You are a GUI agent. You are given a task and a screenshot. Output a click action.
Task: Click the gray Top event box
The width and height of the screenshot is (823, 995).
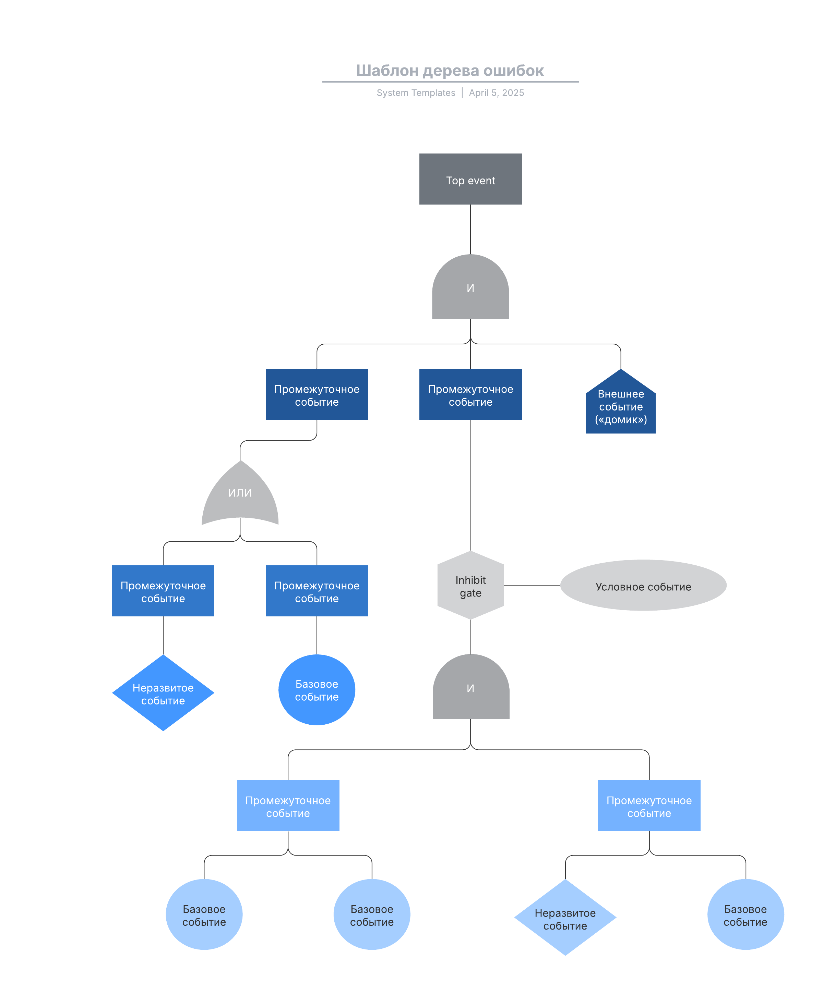coord(470,179)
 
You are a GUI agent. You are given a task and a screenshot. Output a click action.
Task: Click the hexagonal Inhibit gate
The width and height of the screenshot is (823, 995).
coord(470,585)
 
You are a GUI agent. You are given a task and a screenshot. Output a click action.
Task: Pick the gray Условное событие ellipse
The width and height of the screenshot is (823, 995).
coord(643,585)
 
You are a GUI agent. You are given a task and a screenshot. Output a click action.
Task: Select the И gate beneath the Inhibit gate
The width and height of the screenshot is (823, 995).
coord(471,687)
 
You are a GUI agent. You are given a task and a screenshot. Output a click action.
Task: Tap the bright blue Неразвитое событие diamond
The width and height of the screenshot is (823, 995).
coord(163,693)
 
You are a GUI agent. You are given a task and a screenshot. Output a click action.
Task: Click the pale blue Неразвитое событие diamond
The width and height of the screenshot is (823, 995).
coord(565,917)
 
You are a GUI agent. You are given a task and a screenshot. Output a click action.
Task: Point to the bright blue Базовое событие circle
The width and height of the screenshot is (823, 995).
coord(317,689)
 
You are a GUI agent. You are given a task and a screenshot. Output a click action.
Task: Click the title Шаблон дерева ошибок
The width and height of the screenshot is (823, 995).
coord(450,71)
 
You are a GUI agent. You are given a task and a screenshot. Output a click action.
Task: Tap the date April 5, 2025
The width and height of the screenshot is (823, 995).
coord(496,93)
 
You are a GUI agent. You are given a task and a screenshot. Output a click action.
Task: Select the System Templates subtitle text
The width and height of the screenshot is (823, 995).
coord(416,93)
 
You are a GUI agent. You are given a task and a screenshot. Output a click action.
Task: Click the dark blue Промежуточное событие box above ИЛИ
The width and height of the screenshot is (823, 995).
coord(317,394)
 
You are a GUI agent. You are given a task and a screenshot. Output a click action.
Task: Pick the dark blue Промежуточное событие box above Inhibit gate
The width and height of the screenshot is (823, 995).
coord(470,394)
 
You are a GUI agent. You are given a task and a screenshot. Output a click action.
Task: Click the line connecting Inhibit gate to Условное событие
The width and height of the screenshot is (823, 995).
coord(532,585)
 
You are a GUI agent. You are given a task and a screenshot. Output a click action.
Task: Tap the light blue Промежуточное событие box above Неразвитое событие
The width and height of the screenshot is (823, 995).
coord(649,805)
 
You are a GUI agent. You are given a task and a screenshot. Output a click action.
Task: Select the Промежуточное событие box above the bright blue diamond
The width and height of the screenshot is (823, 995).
coord(163,591)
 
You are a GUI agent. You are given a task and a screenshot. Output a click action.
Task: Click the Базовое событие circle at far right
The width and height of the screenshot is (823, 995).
coord(746,914)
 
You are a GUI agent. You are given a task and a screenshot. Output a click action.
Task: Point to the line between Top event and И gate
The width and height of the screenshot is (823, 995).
coord(470,230)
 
